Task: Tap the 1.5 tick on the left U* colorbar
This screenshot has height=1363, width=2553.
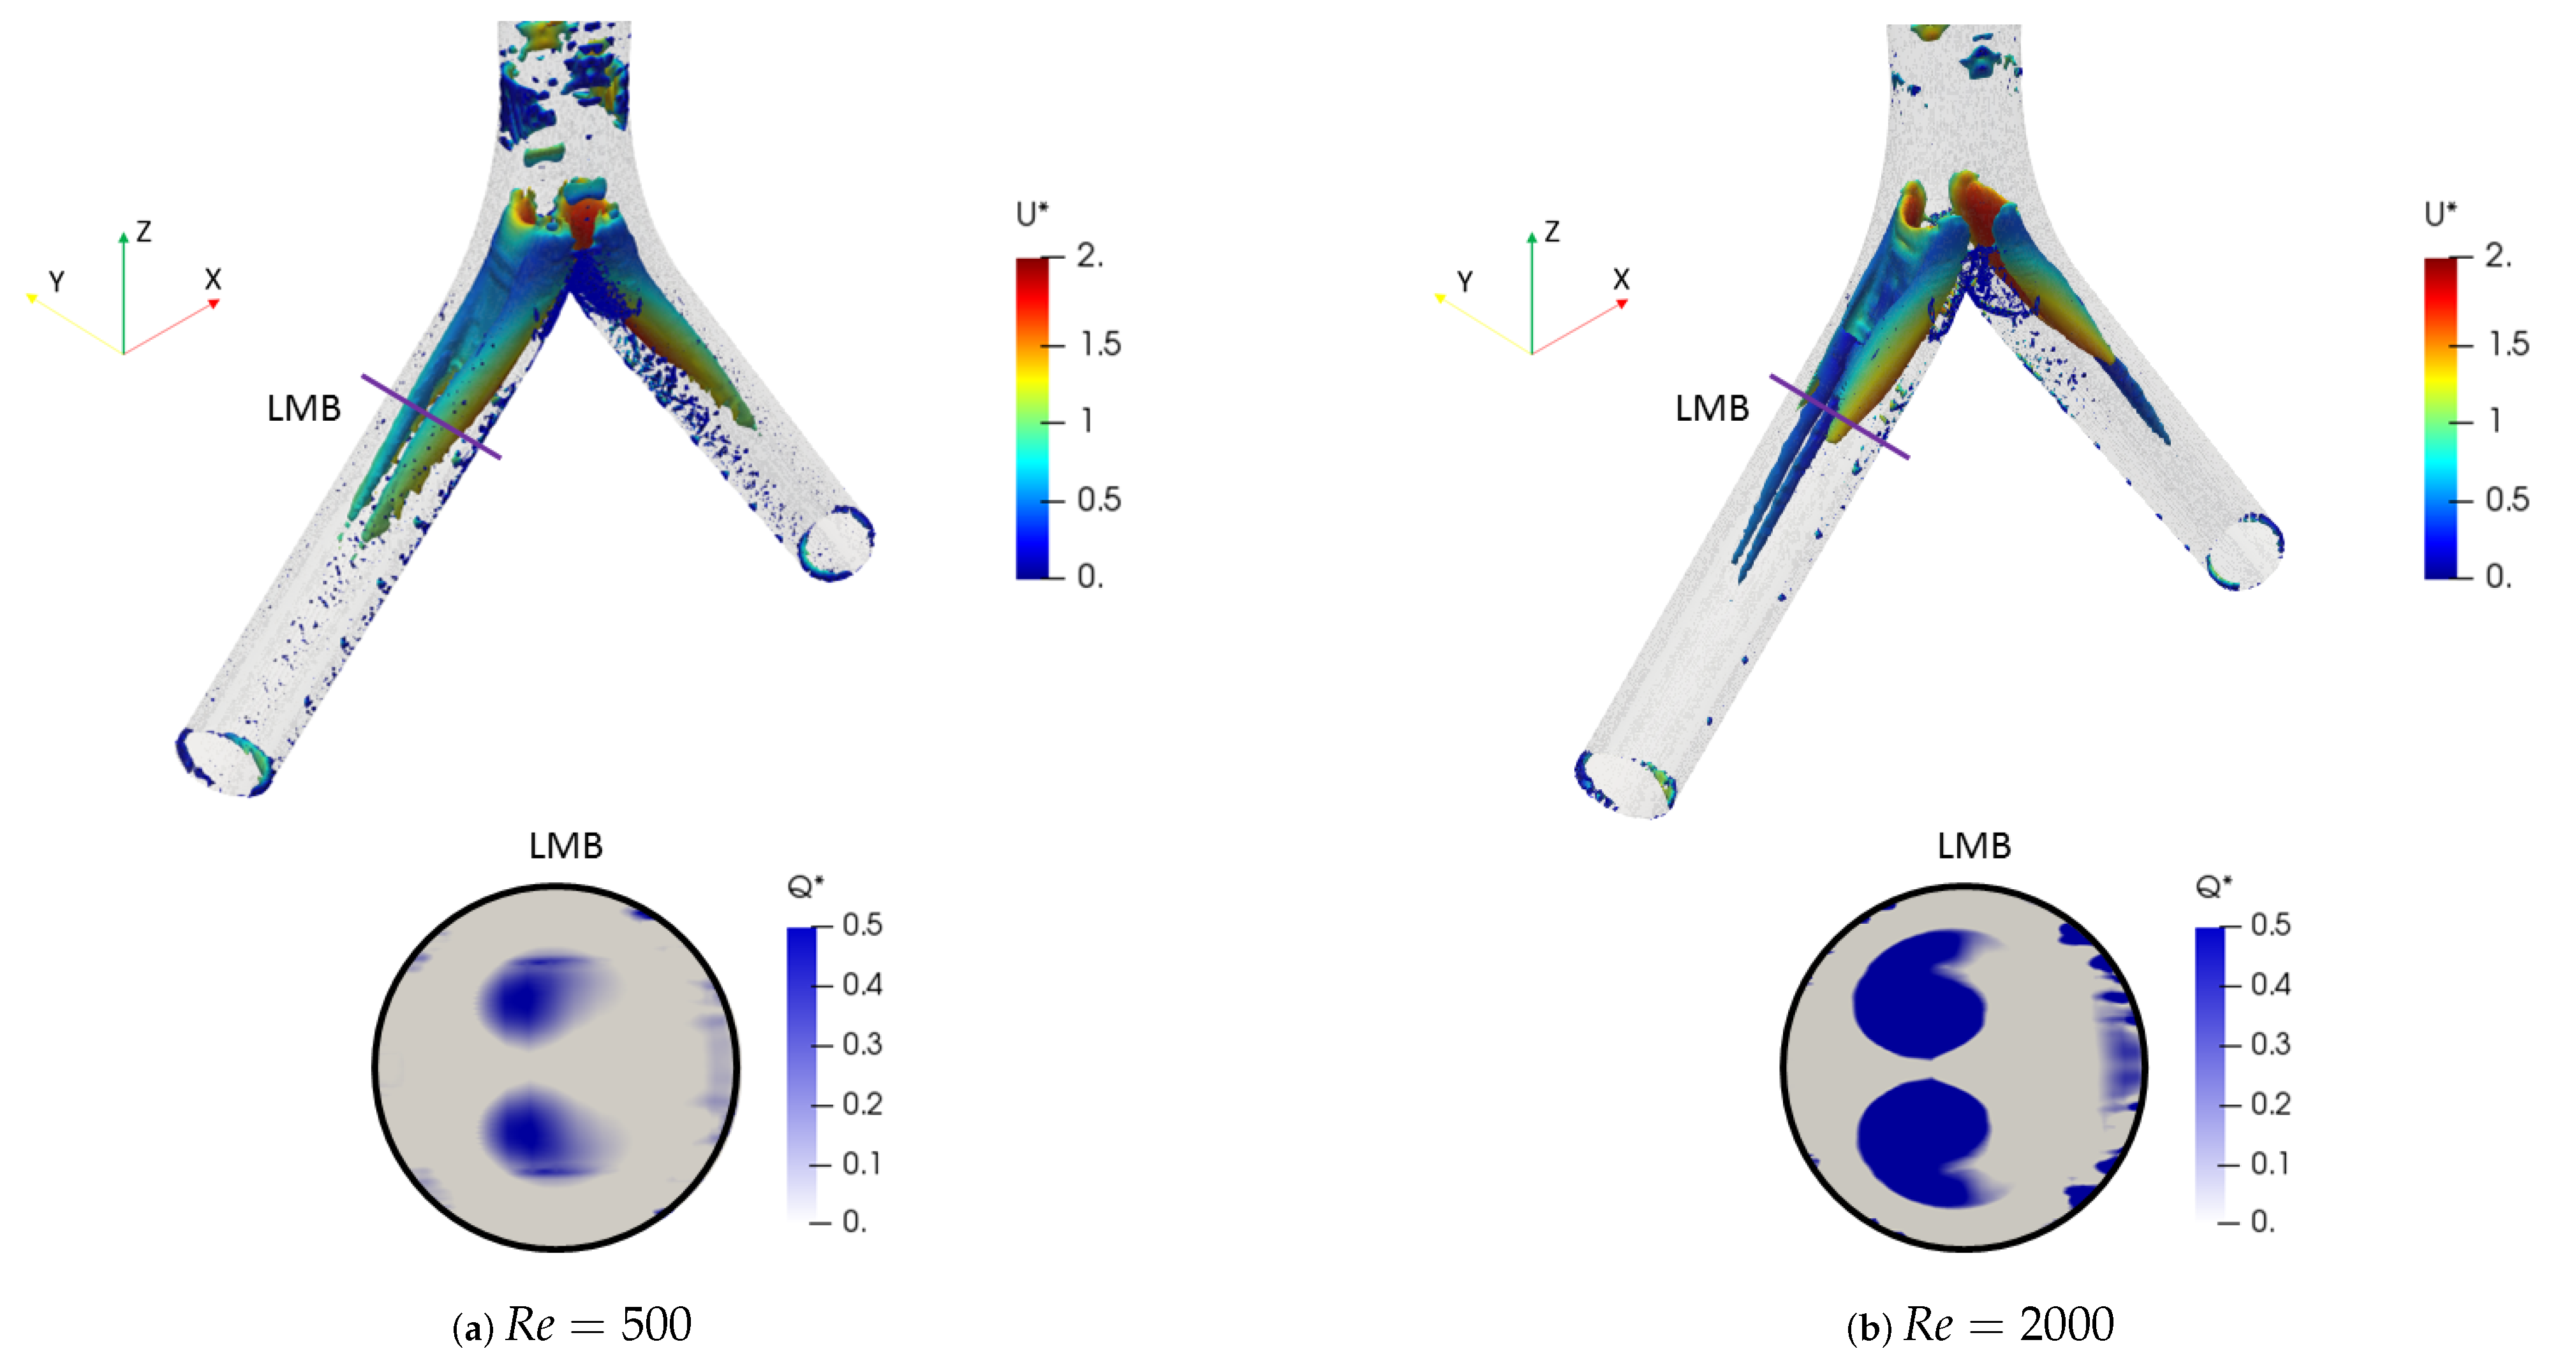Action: point(1100,344)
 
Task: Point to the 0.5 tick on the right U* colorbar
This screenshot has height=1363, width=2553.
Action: point(2506,499)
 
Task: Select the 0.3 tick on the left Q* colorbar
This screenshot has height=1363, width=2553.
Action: point(861,1044)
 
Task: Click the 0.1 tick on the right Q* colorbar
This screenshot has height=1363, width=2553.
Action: point(2270,1163)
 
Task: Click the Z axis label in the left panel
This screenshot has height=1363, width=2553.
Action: point(144,232)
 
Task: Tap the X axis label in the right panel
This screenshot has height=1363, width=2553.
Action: point(1622,279)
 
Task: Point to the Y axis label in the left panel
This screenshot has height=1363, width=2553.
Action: point(57,282)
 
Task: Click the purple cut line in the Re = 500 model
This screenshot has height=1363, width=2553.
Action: point(431,417)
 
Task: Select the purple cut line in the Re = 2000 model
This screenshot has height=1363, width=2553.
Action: point(1839,417)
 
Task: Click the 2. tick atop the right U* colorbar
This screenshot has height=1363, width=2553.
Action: point(2496,256)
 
